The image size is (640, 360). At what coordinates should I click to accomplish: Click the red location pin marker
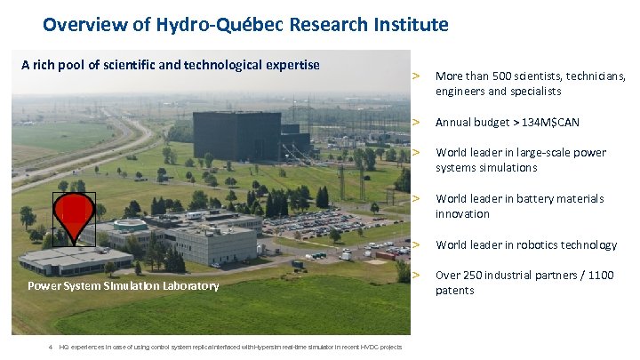tap(74, 213)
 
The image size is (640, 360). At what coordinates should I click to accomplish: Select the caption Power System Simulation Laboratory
tap(123, 285)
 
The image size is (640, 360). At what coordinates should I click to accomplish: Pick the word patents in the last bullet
tap(454, 291)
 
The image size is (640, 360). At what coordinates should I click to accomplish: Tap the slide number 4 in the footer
tap(52, 347)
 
